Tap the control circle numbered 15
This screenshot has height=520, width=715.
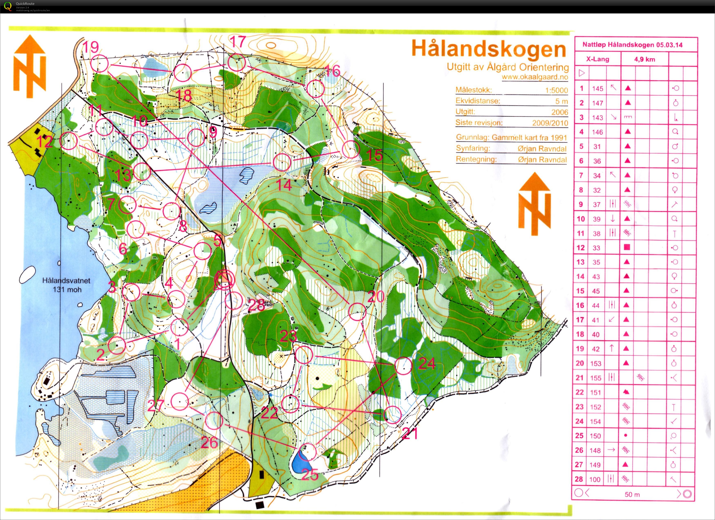click(x=351, y=149)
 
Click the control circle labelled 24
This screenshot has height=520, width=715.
click(x=403, y=366)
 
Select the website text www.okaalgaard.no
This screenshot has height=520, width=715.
click(x=535, y=77)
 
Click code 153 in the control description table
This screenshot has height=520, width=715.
click(x=596, y=363)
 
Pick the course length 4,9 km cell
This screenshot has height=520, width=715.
click(x=644, y=59)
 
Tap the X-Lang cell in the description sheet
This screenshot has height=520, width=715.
click(x=597, y=59)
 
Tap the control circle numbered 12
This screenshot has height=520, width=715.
click(x=69, y=140)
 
